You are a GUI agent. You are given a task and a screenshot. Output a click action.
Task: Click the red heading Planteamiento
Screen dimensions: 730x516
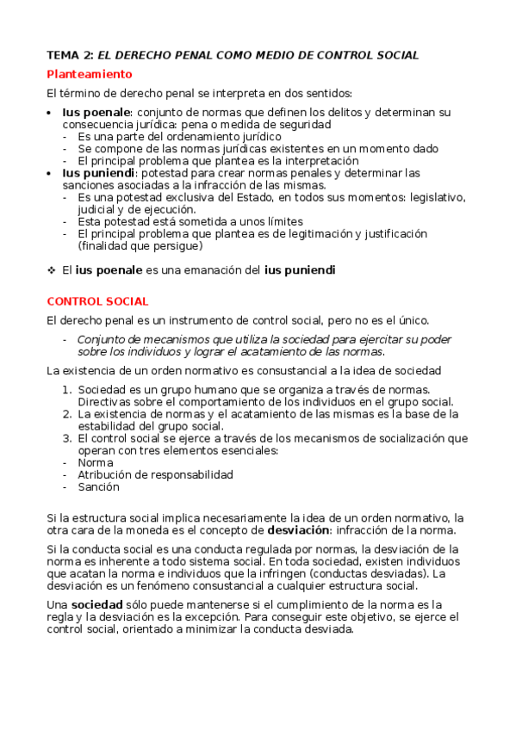point(90,74)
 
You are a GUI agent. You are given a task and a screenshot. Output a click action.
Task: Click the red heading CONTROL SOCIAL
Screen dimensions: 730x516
point(97,301)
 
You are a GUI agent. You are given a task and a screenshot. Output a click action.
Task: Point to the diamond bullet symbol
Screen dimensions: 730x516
point(51,270)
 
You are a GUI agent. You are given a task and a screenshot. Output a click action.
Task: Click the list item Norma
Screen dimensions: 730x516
point(95,461)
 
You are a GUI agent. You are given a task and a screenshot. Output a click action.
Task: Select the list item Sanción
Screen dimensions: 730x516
point(98,486)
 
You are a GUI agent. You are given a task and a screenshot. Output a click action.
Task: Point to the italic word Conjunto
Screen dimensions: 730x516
point(102,339)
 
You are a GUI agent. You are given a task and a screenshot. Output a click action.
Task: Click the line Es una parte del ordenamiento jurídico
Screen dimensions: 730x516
point(179,136)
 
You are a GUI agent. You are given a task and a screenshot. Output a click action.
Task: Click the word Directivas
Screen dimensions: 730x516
point(105,401)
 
